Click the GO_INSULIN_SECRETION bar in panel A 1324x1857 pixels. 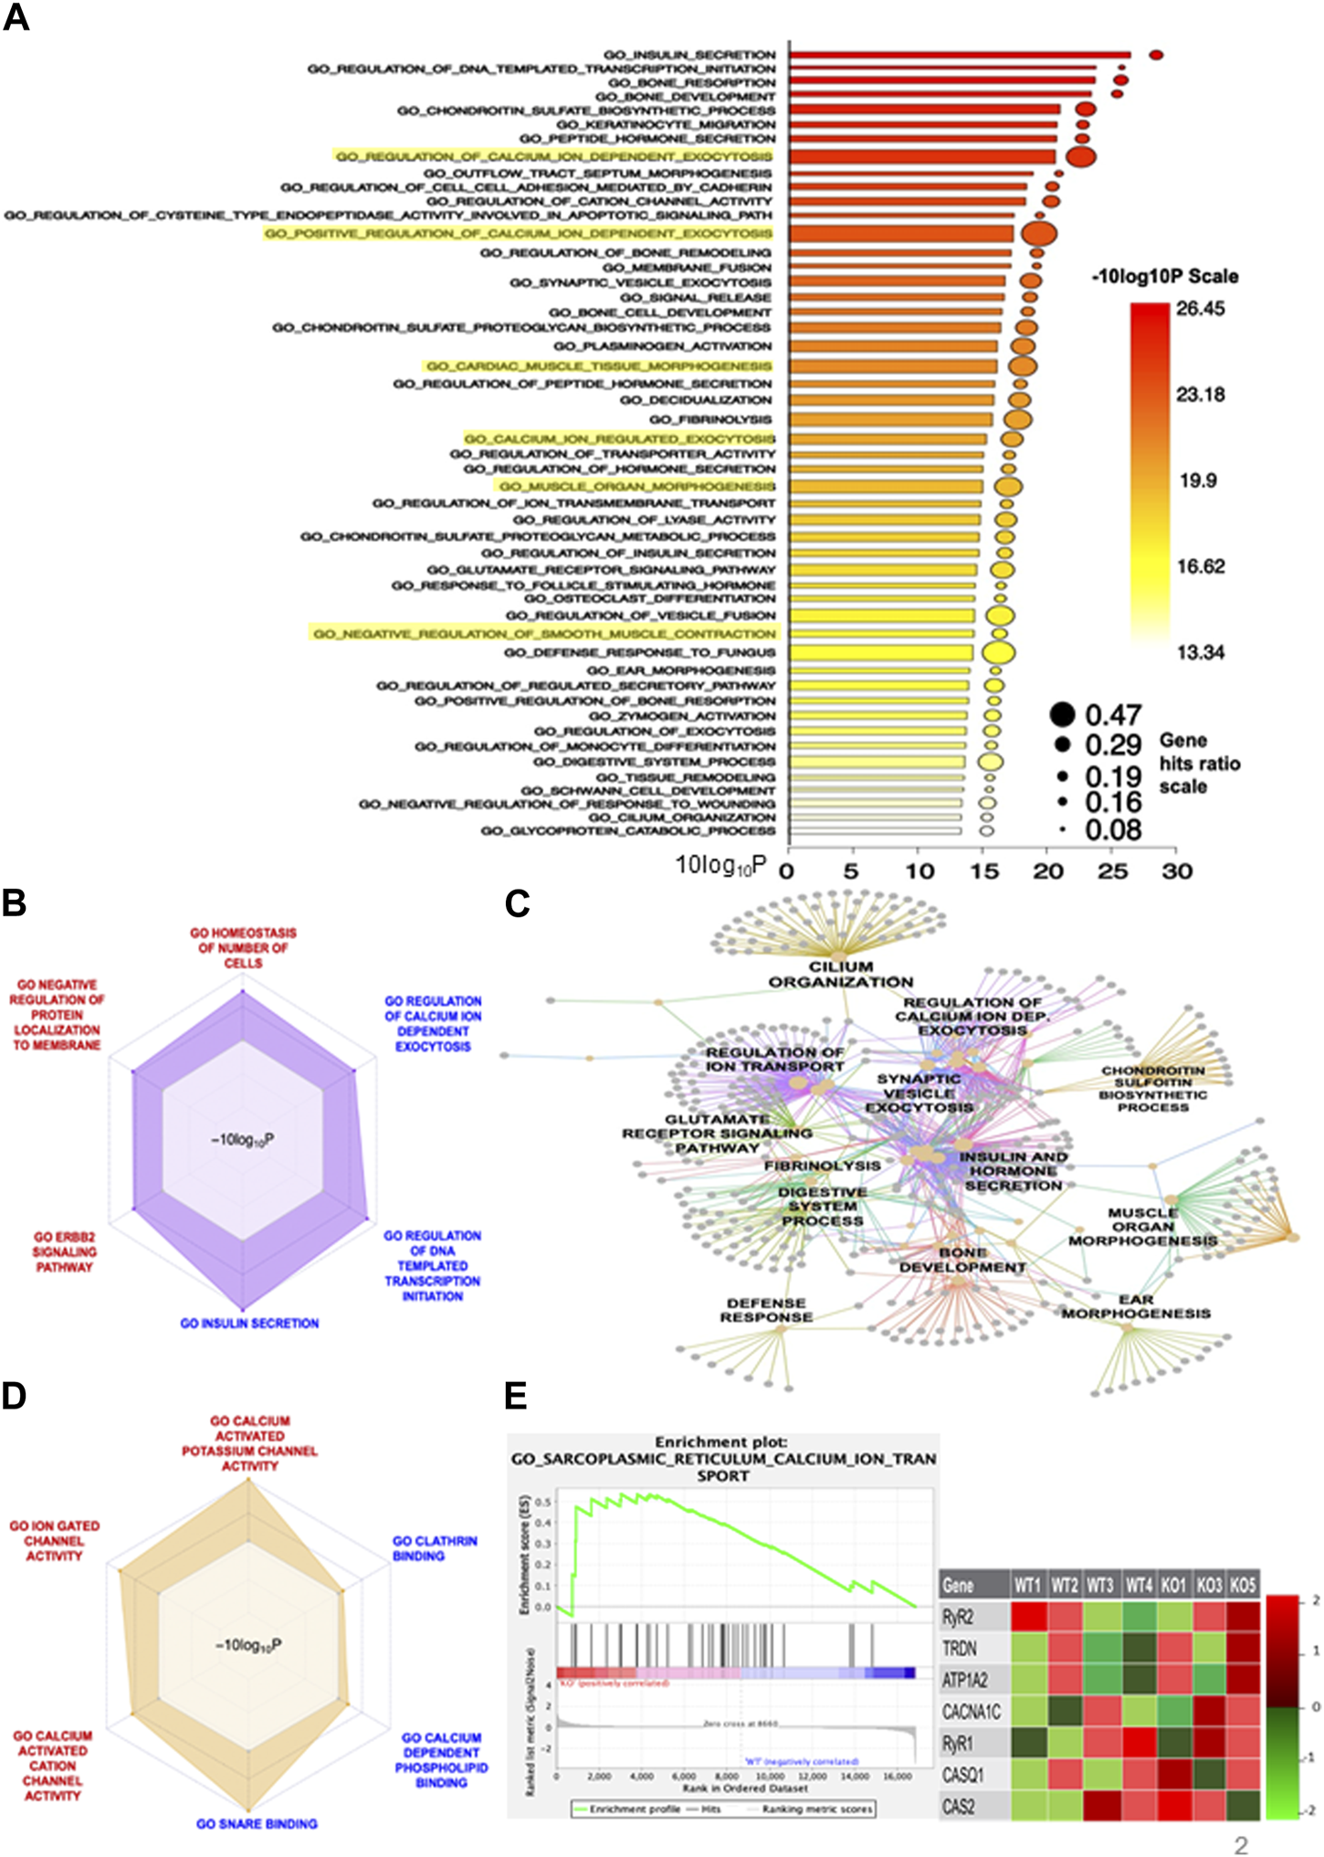[959, 56]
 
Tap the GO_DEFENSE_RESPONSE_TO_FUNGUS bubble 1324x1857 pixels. [998, 652]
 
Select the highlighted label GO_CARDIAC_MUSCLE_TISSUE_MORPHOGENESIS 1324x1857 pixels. [599, 366]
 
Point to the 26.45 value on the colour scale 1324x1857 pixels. [1200, 309]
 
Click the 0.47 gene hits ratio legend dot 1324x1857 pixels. [1062, 714]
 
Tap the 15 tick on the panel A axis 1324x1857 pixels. [983, 870]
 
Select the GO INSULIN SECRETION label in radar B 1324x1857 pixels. [249, 1323]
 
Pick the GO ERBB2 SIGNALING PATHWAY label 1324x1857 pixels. [64, 1251]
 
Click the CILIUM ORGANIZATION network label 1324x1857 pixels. [840, 974]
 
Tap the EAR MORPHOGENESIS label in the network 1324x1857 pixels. [1136, 1306]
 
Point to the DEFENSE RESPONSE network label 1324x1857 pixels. [766, 1310]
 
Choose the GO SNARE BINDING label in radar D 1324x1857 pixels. [257, 1823]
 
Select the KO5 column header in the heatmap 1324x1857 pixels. [1242, 1585]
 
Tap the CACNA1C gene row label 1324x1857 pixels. [971, 1712]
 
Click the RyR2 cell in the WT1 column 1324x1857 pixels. [1028, 1617]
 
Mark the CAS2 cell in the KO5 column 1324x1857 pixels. [1242, 1806]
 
